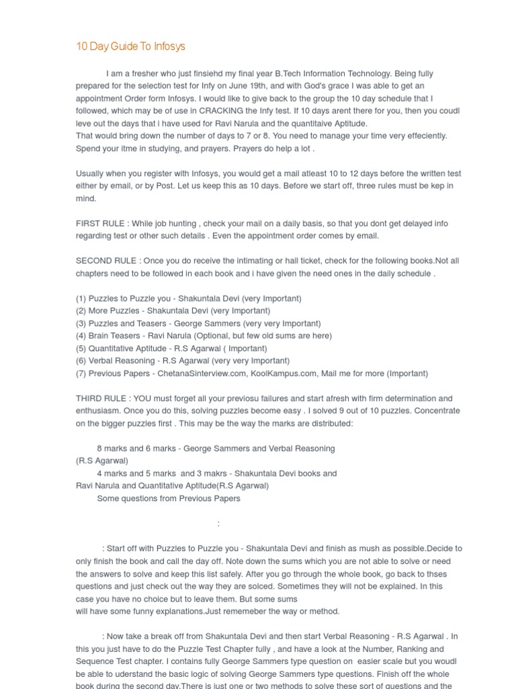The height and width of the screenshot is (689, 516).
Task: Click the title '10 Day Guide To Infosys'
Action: pyautogui.click(x=130, y=46)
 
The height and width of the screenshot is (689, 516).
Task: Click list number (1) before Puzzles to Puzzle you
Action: pyautogui.click(x=81, y=298)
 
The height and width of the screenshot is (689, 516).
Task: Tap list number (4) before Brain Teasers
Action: pyautogui.click(x=81, y=336)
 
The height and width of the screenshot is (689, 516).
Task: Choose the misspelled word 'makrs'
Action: pyautogui.click(x=208, y=473)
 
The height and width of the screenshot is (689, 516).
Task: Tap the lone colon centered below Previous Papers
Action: pyautogui.click(x=218, y=523)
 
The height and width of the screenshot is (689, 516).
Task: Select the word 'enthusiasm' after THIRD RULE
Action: pyautogui.click(x=99, y=410)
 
